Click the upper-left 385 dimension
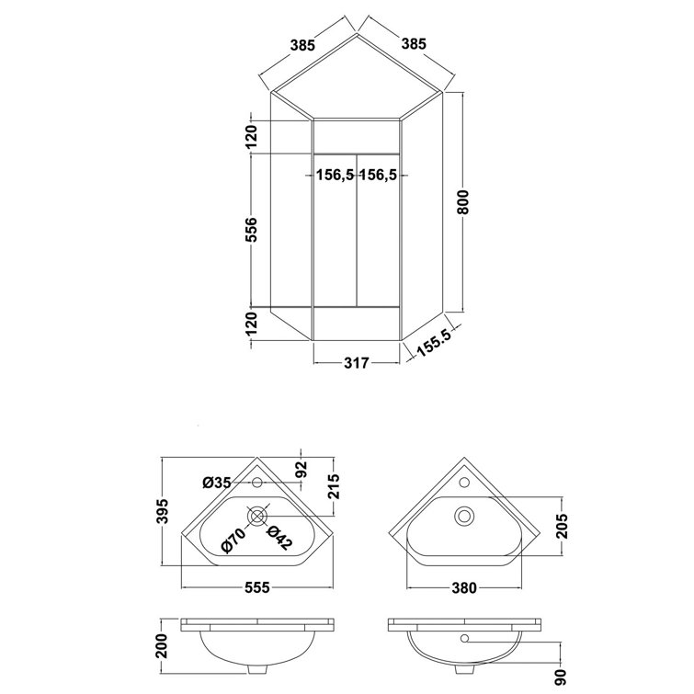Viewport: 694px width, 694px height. coord(304,43)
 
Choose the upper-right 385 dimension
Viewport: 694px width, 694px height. coord(413,43)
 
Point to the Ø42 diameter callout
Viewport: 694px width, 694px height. coord(279,538)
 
